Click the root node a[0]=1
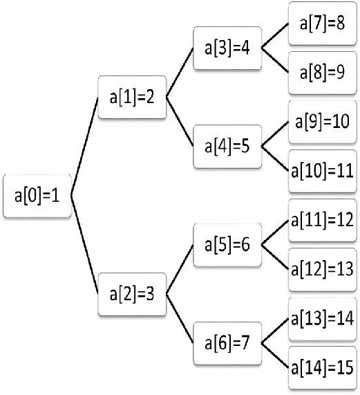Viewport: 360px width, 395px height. [x=37, y=196]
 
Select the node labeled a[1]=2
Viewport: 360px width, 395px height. [x=132, y=97]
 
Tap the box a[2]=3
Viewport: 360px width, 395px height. [x=132, y=294]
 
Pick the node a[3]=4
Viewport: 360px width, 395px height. [x=227, y=48]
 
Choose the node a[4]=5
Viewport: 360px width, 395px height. [x=227, y=147]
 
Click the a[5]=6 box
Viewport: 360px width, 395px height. [x=227, y=245]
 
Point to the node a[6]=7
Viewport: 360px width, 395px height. [x=227, y=343]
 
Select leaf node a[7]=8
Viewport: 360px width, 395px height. [x=323, y=24]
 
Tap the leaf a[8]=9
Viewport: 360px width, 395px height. [x=323, y=73]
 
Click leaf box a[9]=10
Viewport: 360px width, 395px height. [x=323, y=122]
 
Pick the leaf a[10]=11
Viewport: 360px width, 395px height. [x=323, y=171]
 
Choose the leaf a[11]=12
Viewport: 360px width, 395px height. [x=323, y=220]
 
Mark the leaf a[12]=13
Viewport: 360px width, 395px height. [x=323, y=270]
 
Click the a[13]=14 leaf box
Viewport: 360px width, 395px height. [x=323, y=319]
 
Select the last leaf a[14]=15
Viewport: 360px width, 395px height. [x=323, y=368]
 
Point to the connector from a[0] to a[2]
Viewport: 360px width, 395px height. [x=84, y=245]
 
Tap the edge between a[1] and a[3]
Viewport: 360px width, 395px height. [x=180, y=73]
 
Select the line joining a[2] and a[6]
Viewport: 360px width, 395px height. [x=180, y=318]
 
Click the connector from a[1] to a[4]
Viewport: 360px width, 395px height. [x=180, y=122]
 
